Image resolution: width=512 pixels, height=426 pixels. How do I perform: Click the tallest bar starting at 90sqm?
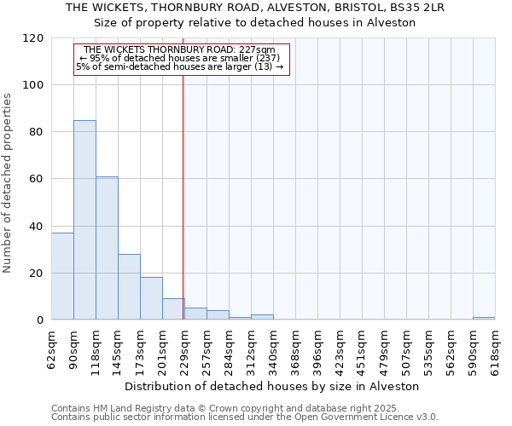coord(84,220)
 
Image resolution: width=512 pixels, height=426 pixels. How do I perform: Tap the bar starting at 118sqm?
coord(107,248)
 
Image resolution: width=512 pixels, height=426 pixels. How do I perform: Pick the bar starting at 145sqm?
coord(129,287)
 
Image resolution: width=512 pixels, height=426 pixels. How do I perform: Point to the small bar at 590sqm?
coord(484,319)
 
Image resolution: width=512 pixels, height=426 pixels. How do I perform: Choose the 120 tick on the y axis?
coord(33,38)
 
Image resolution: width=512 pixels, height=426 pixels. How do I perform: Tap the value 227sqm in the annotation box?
coord(257,50)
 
